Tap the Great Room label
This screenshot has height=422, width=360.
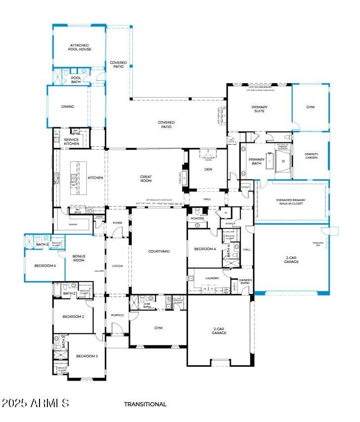[146, 179]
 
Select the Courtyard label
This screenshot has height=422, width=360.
[159, 252]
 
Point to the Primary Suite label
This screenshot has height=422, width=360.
[259, 109]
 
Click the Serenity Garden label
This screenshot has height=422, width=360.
[311, 156]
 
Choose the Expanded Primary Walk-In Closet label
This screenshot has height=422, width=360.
[291, 202]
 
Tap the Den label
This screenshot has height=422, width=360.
[208, 169]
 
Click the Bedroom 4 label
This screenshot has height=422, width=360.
[205, 249]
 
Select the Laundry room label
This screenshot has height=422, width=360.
[212, 278]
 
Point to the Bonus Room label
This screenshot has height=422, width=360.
[79, 258]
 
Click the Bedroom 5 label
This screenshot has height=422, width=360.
[45, 266]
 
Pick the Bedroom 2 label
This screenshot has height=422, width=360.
[73, 317]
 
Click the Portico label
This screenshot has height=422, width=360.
[117, 315]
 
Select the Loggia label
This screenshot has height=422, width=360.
[117, 266]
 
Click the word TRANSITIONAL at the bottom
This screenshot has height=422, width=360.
[145, 404]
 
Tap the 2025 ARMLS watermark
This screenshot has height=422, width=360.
[36, 403]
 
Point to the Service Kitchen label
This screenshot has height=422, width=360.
[71, 141]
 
